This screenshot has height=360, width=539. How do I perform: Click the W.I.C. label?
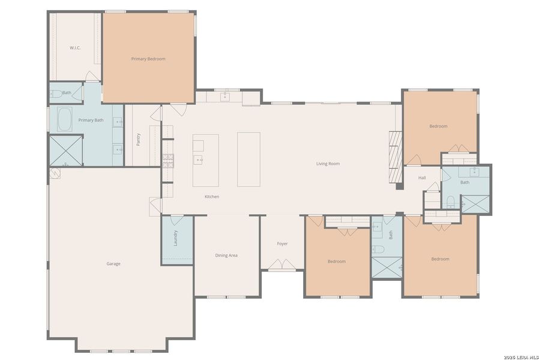pyautogui.click(x=75, y=47)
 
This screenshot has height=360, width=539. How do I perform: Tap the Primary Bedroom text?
pyautogui.click(x=148, y=59)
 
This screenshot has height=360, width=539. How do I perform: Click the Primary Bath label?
pyautogui.click(x=91, y=120)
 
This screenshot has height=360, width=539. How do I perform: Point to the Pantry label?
pyautogui.click(x=138, y=139)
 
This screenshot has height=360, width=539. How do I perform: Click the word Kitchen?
pyautogui.click(x=212, y=197)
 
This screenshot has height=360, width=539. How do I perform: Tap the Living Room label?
pyautogui.click(x=328, y=163)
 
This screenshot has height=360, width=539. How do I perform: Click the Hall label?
pyautogui.click(x=422, y=178)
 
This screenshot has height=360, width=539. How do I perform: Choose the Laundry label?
pyautogui.click(x=175, y=238)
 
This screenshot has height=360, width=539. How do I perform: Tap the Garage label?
pyautogui.click(x=113, y=263)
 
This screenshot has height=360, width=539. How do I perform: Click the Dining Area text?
pyautogui.click(x=226, y=256)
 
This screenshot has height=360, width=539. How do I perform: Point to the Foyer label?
pyautogui.click(x=282, y=244)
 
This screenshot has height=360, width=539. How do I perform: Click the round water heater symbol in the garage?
pyautogui.click(x=55, y=173)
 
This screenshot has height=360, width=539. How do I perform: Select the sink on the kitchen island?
pyautogui.click(x=199, y=160)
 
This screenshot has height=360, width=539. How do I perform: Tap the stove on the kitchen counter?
pyautogui.click(x=168, y=160)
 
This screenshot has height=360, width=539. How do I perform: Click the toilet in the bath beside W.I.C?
pyautogui.click(x=55, y=94)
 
